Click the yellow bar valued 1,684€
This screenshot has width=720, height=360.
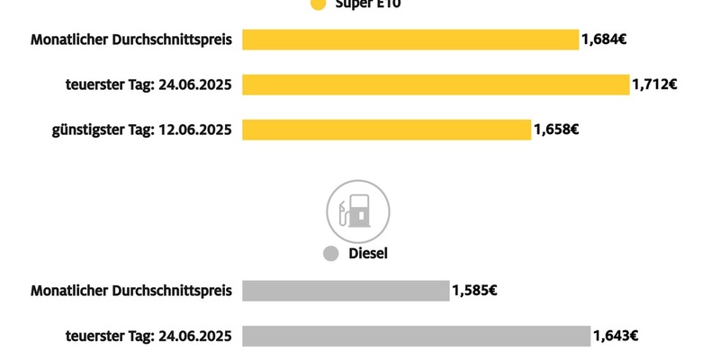tap(409, 40)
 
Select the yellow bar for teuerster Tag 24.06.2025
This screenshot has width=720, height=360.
tap(436, 85)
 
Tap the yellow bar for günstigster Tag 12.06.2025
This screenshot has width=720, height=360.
tap(387, 130)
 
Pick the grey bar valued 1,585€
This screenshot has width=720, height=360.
tap(346, 291)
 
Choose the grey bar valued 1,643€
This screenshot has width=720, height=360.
tap(416, 336)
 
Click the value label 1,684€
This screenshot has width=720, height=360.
tap(604, 40)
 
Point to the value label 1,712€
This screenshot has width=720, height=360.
tap(655, 85)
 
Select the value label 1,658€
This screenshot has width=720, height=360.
tap(556, 130)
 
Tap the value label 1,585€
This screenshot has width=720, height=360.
tap(475, 291)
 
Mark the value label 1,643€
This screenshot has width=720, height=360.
tap(616, 336)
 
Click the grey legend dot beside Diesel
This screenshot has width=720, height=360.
tap(330, 255)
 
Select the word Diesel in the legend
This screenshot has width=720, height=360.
tap(368, 255)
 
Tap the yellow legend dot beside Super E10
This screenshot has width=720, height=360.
tap(317, 4)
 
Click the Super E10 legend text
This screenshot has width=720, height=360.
tap(369, 4)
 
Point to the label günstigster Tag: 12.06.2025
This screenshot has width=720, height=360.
tap(142, 130)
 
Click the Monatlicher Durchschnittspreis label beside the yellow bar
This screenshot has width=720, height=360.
tap(131, 40)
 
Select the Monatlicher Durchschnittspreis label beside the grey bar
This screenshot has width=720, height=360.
tap(131, 291)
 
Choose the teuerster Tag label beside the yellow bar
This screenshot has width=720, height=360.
tap(149, 85)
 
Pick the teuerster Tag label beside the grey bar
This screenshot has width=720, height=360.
tap(149, 336)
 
